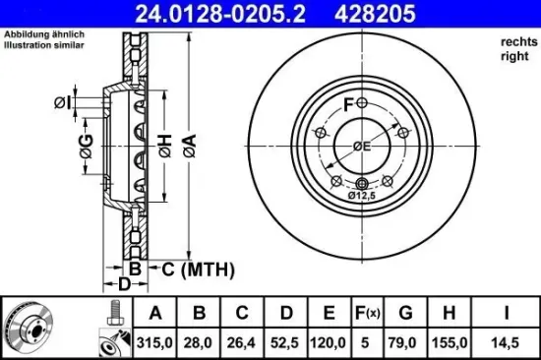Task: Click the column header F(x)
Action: pos(366,314)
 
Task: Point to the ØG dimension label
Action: pos(87,149)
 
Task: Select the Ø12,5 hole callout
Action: pos(364,196)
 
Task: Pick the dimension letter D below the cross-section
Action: pos(124,284)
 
